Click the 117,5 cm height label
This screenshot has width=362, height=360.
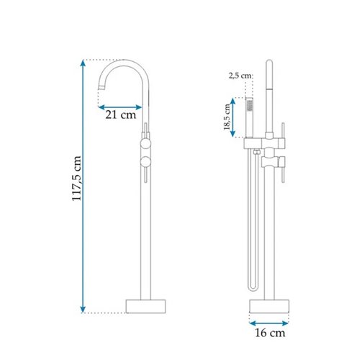pos(77,178)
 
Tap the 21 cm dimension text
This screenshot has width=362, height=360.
pos(121,114)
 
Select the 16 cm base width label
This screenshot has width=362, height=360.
pos(270,333)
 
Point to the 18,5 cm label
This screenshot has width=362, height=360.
pos(227,117)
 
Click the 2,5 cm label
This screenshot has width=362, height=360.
pos(240,76)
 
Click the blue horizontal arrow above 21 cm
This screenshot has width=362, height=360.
pos(120,107)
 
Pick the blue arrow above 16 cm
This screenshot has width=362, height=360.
pos(269,323)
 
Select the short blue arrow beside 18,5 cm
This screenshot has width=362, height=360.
pos(233,117)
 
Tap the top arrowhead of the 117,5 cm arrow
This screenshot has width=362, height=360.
pos(83,63)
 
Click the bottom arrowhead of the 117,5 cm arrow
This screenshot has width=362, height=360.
pos(83,310)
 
